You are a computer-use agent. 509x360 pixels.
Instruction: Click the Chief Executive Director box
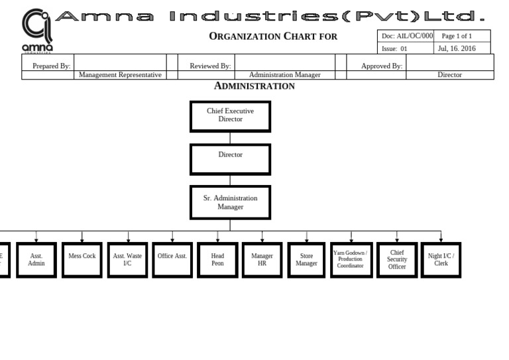[x=230, y=116]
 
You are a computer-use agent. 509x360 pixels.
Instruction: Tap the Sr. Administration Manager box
[x=230, y=202]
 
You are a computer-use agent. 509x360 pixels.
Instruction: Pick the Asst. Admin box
[x=36, y=260]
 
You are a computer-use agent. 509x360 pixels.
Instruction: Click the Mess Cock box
[x=82, y=260]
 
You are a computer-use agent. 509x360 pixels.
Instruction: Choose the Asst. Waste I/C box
[x=127, y=260]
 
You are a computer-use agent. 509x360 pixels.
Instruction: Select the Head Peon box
[x=217, y=260]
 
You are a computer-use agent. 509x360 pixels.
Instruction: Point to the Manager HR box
[x=262, y=260]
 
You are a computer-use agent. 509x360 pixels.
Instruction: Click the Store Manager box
[x=307, y=260]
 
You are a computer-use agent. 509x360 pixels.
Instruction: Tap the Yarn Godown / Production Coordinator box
[x=351, y=260]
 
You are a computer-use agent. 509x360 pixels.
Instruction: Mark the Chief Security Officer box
[x=397, y=260]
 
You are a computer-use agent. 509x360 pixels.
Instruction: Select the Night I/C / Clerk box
[x=441, y=260]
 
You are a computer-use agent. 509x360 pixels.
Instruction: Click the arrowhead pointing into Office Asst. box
[x=172, y=239]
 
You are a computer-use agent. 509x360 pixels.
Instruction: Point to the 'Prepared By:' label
[x=51, y=66]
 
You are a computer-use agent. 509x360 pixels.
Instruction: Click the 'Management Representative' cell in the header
[x=120, y=75]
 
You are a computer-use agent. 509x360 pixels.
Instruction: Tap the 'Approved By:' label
[x=381, y=66]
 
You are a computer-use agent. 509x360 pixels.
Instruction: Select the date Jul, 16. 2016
[x=457, y=48]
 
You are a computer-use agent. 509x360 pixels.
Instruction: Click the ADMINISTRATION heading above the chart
[x=254, y=86]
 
